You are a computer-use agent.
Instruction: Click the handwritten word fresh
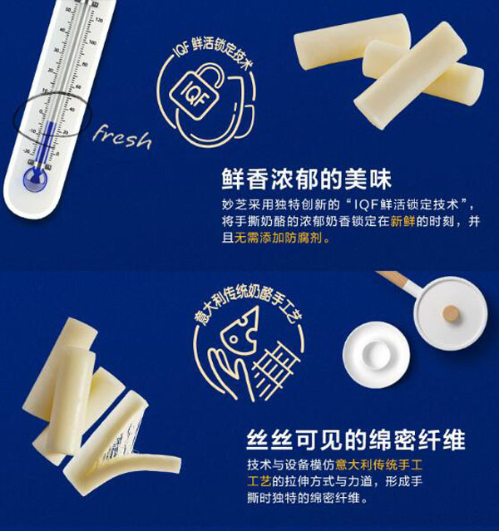pos(122,137)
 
